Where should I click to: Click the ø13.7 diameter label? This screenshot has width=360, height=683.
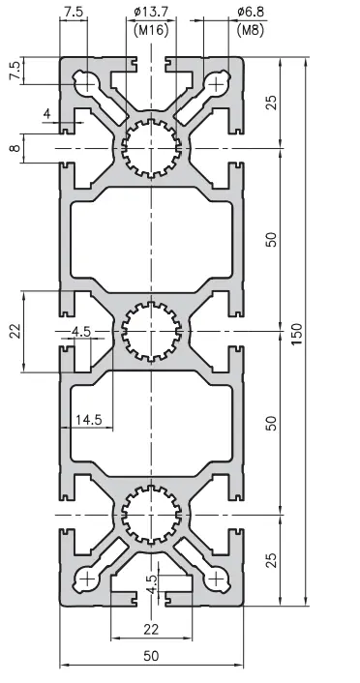point(151,12)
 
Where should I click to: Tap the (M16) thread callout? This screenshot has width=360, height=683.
point(151,31)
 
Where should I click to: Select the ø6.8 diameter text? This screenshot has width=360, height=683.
point(251,12)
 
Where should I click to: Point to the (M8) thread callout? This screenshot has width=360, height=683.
point(251,31)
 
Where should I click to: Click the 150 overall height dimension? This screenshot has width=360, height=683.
point(296,334)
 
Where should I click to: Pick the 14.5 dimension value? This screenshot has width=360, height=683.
point(88,420)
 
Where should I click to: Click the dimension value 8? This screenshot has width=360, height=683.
point(15,148)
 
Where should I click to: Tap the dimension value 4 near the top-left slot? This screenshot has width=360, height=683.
point(47,114)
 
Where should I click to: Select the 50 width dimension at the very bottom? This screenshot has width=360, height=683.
point(151,656)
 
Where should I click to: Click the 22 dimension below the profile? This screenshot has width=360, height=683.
point(151,629)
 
